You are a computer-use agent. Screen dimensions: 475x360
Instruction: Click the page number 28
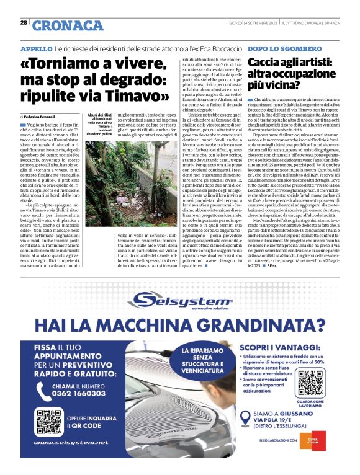[x=23, y=22]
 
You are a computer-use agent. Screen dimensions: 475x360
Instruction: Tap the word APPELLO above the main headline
[x=36, y=48]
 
